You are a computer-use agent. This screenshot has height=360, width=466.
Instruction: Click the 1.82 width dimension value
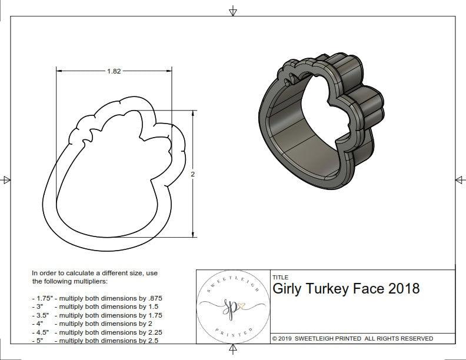tap(114, 71)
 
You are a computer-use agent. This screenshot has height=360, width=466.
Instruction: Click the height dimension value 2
tap(192, 174)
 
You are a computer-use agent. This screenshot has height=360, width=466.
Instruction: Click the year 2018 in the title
tap(404, 289)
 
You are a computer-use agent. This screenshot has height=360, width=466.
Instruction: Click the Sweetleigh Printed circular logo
tap(231, 306)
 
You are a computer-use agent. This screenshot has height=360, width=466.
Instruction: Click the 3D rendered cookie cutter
tap(320, 124)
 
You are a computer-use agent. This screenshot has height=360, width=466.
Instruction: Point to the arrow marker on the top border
tap(233, 11)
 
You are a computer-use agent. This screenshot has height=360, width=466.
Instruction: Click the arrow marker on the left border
tap(6, 179)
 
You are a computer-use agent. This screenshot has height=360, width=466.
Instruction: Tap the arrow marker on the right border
tap(460, 179)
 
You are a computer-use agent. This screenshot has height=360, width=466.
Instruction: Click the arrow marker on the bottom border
tap(233, 351)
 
